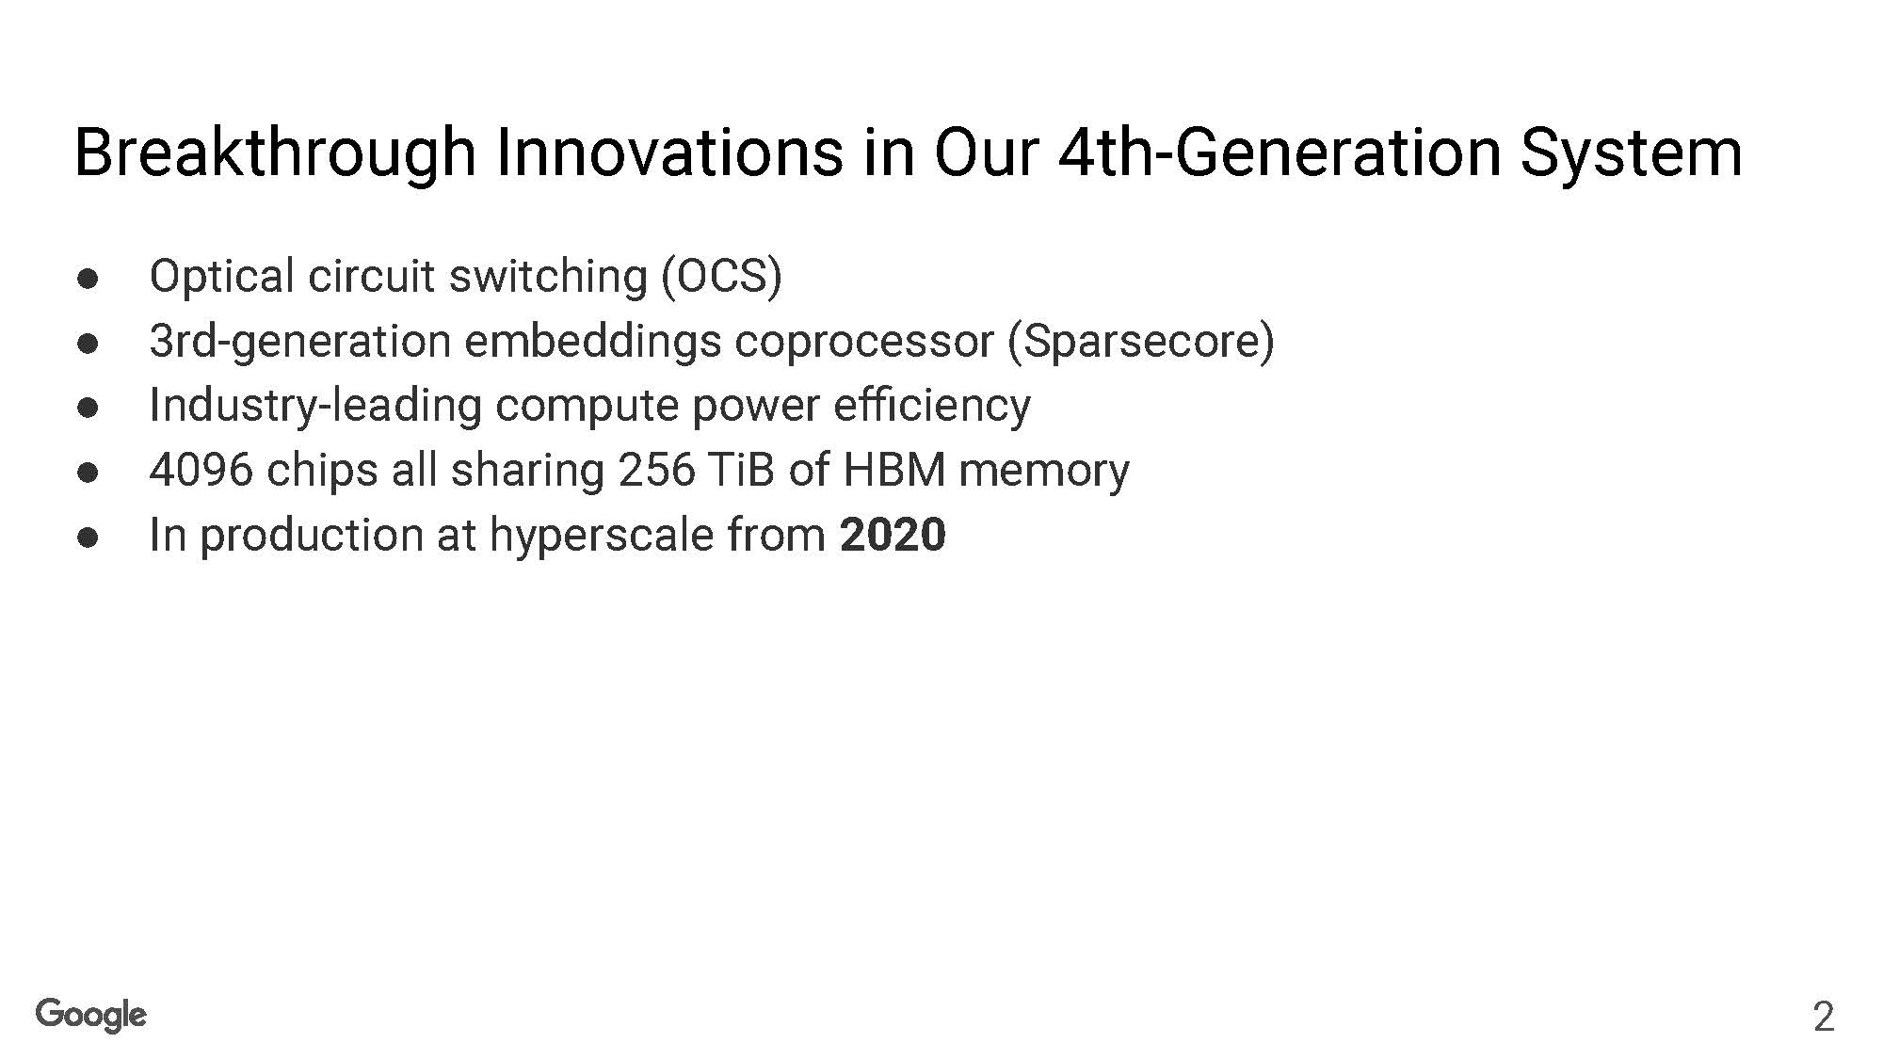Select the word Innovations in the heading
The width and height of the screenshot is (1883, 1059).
point(669,152)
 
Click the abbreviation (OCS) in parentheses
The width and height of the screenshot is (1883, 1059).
point(721,277)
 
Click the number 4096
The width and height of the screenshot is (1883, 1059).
point(201,470)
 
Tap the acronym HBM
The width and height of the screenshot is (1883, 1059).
point(894,470)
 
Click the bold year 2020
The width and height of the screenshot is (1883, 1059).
point(893,535)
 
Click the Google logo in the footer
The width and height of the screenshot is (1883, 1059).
point(91,1016)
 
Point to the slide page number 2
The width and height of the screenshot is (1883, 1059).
point(1824,1018)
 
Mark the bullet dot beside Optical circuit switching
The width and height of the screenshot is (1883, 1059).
point(89,280)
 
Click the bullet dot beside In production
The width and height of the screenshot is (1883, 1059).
point(89,538)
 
